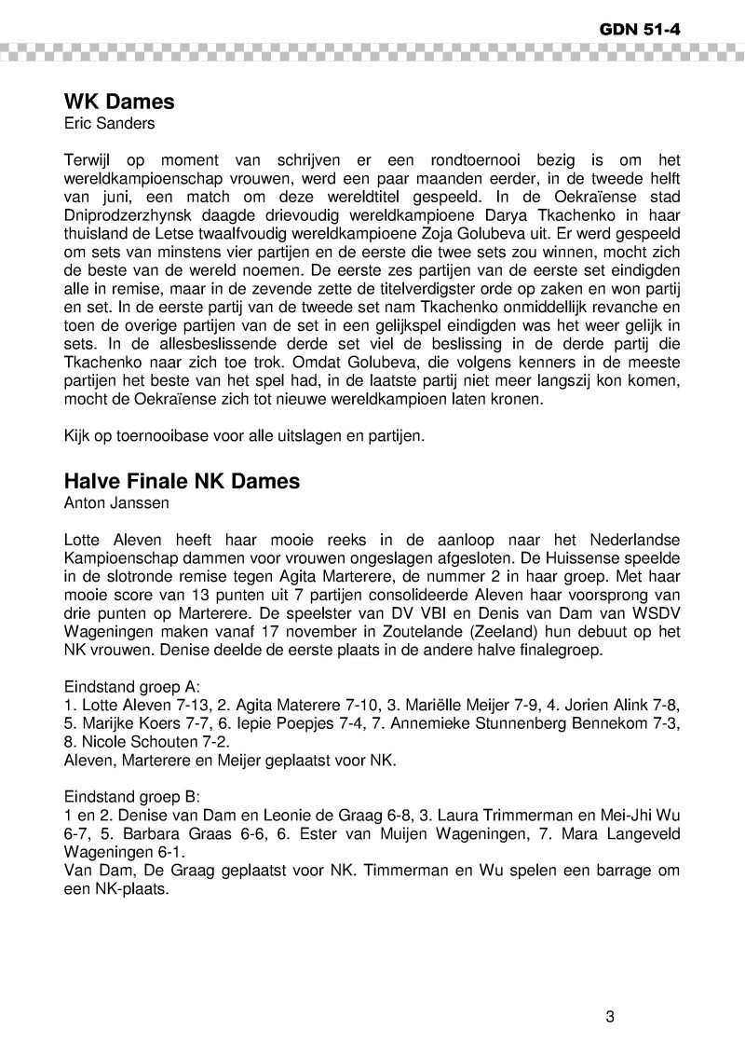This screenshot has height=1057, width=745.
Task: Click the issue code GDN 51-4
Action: click(641, 29)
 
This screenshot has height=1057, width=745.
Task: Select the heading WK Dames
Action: click(119, 102)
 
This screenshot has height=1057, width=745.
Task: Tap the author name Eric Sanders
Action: click(109, 123)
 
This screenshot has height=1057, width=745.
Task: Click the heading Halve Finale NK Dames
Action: click(182, 482)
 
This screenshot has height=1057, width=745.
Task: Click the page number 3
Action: click(610, 1017)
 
